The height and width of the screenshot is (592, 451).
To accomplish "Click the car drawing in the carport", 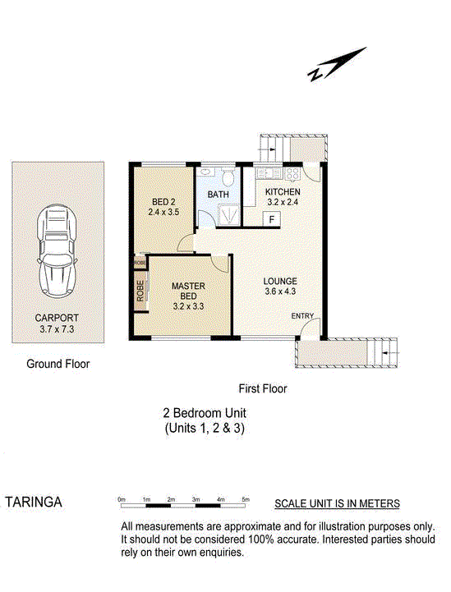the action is coord(57,251).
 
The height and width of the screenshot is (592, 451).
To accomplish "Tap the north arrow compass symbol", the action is coord(336,64).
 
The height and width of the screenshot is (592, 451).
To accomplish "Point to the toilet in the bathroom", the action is coord(228,177).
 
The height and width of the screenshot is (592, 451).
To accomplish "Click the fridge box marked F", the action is coord(272,219).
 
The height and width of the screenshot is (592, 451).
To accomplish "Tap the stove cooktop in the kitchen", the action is coord(292,173).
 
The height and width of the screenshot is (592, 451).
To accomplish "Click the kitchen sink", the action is coord(269,173).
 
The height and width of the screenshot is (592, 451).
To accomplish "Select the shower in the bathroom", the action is coord(228,215).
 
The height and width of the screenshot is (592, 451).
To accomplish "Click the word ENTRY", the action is coord(302,316).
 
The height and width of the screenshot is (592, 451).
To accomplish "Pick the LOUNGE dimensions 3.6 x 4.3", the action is coord(280,291).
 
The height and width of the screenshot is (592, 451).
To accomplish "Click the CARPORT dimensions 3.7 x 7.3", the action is coord(57,329).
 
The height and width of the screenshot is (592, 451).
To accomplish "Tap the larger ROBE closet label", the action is coord(140,291).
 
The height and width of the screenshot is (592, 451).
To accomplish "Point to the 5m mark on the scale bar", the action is coord(246,499).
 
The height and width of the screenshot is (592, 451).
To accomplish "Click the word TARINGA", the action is coord(34,503).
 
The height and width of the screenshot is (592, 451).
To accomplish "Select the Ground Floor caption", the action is coord(58,364).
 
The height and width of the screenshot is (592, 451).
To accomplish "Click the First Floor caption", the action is coord(263,388).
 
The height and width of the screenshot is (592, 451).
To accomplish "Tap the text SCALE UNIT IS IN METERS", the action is coord(337,503).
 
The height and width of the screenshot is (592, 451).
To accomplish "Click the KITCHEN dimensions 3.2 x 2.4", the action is coord(283,202).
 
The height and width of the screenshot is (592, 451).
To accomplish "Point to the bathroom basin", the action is coord(206,172).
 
